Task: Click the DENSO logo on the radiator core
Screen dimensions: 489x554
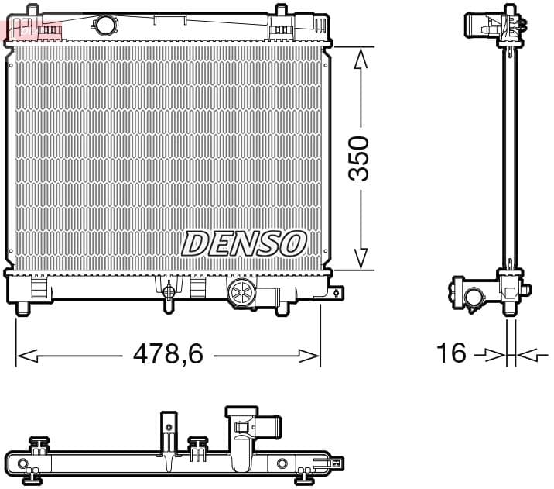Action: tap(244, 243)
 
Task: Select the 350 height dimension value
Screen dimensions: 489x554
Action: tap(358, 158)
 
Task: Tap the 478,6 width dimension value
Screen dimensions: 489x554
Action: tap(168, 354)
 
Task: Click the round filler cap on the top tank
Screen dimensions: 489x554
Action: tap(104, 25)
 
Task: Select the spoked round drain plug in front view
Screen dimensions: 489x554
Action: tap(241, 294)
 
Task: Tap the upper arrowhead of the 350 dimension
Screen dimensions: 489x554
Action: tap(360, 59)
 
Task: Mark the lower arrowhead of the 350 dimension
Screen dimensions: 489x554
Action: tap(360, 259)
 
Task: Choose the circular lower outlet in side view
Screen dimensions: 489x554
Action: tap(473, 297)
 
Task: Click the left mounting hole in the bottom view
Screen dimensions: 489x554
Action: tap(23, 464)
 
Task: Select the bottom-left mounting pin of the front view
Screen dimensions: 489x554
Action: tap(23, 308)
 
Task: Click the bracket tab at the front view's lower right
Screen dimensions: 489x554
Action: tap(337, 293)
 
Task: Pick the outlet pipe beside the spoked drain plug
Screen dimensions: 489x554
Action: tap(268, 295)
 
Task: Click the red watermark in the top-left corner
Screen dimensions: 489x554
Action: tap(31, 29)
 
